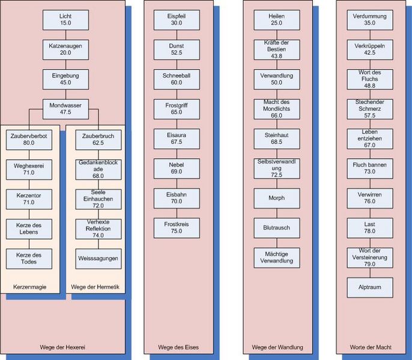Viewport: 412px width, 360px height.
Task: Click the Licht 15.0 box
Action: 65,19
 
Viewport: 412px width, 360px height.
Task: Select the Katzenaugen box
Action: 65,49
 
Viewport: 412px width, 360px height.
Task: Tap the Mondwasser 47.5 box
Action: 65,108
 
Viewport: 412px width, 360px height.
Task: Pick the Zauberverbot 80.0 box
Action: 29,139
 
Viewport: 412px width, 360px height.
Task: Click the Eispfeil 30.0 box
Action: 176,19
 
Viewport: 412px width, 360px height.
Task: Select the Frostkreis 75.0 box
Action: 176,227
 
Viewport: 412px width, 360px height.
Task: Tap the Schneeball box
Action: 176,78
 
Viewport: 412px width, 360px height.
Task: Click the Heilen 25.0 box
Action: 277,19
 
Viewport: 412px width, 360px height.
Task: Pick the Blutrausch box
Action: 277,228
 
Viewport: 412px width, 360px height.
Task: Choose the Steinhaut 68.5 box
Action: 277,138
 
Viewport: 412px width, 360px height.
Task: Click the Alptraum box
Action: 369,287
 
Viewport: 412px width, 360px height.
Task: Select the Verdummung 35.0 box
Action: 369,19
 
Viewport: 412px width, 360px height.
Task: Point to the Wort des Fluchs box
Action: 369,78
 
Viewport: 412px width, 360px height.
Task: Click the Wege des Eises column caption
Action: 178,347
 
